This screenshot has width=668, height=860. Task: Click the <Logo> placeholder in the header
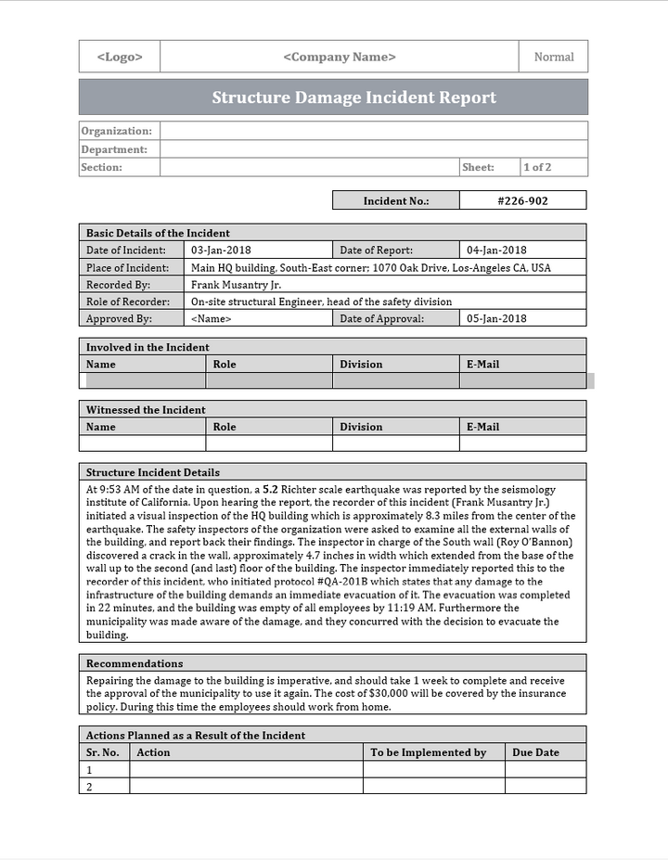120,57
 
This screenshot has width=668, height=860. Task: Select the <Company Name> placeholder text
340,57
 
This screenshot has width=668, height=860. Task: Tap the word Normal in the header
554,57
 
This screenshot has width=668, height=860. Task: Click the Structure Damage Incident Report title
353,97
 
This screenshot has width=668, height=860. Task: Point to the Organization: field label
116,132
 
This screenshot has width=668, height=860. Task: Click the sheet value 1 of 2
537,168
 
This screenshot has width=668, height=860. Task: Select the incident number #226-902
522,200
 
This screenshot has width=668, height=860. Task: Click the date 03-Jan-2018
221,250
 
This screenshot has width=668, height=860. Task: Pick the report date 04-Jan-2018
496,250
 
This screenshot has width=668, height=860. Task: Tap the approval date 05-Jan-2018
496,318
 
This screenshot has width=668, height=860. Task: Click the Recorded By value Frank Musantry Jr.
236,285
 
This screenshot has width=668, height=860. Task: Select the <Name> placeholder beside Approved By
211,318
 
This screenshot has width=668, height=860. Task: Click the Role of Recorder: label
128,302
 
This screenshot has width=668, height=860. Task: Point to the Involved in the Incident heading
148,347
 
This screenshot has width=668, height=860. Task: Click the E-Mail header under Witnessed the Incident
482,427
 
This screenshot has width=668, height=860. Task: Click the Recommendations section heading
135,663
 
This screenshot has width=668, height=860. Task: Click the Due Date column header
535,752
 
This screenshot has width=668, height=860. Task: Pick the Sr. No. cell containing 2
90,787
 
